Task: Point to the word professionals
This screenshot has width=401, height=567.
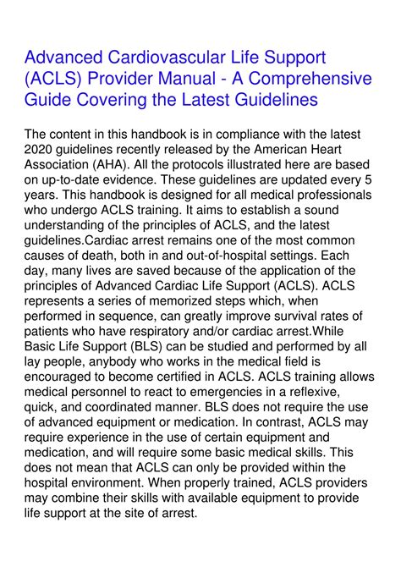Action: [334, 197]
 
